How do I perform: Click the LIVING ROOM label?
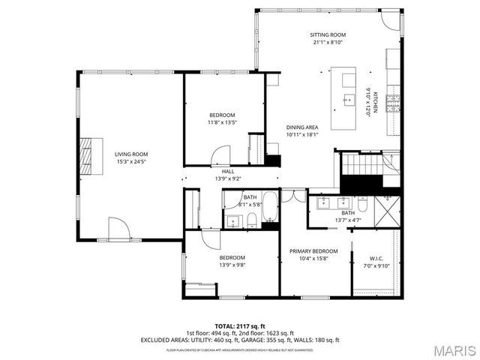tap(130, 154)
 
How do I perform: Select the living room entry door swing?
tap(118, 228)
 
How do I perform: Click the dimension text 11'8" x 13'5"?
tap(222, 122)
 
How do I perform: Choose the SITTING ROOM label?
tap(328, 35)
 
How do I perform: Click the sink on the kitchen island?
tap(349, 99)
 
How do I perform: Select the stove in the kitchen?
tap(393, 103)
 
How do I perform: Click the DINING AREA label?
tap(302, 127)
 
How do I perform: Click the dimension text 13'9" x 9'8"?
tap(232, 265)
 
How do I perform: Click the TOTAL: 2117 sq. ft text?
tap(240, 326)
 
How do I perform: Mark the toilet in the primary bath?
tap(362, 204)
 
